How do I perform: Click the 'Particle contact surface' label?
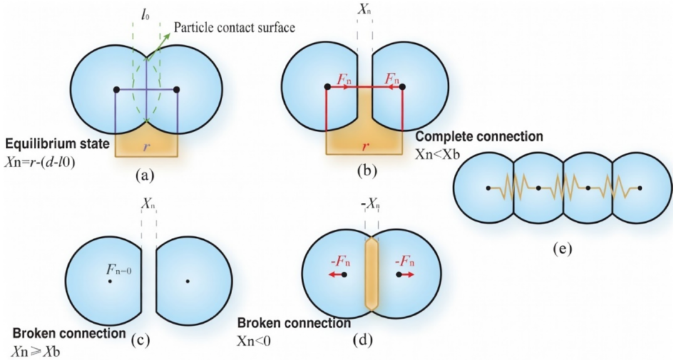point(235,27)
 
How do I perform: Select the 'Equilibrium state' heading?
point(58,143)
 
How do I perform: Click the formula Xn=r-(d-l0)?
point(40,163)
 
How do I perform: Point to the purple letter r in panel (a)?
point(146,147)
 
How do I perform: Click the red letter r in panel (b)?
point(365,146)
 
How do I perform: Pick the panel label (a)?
point(145,175)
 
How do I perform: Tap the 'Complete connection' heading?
point(479,136)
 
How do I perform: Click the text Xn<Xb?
point(437,154)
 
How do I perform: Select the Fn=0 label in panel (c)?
point(119,270)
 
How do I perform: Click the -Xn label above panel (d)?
point(370,205)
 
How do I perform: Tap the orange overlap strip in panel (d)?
point(371,274)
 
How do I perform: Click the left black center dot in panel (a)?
point(116,90)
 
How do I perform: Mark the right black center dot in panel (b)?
point(402,86)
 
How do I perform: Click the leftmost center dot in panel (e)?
point(488,188)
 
